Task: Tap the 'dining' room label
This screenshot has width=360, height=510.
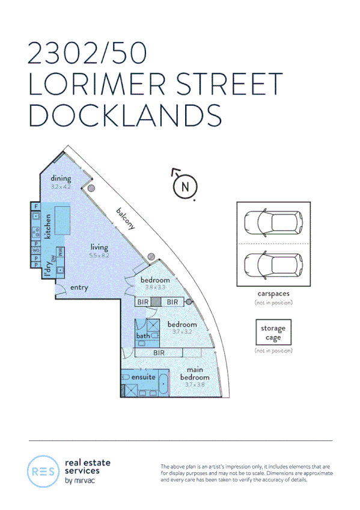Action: pos(61,179)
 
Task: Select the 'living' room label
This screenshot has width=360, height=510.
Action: pos(99,247)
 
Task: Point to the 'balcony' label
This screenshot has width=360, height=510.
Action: pos(126,220)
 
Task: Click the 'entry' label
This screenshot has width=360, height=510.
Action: pos(79,287)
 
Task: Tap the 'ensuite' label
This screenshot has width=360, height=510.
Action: pos(144,377)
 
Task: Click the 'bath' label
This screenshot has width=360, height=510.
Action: pos(143,336)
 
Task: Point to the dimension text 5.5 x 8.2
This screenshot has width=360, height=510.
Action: pos(99,255)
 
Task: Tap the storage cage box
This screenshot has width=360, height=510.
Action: pos(273,333)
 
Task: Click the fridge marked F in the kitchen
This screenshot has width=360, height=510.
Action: pos(35,207)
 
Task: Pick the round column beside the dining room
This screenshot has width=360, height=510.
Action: pos(91,188)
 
